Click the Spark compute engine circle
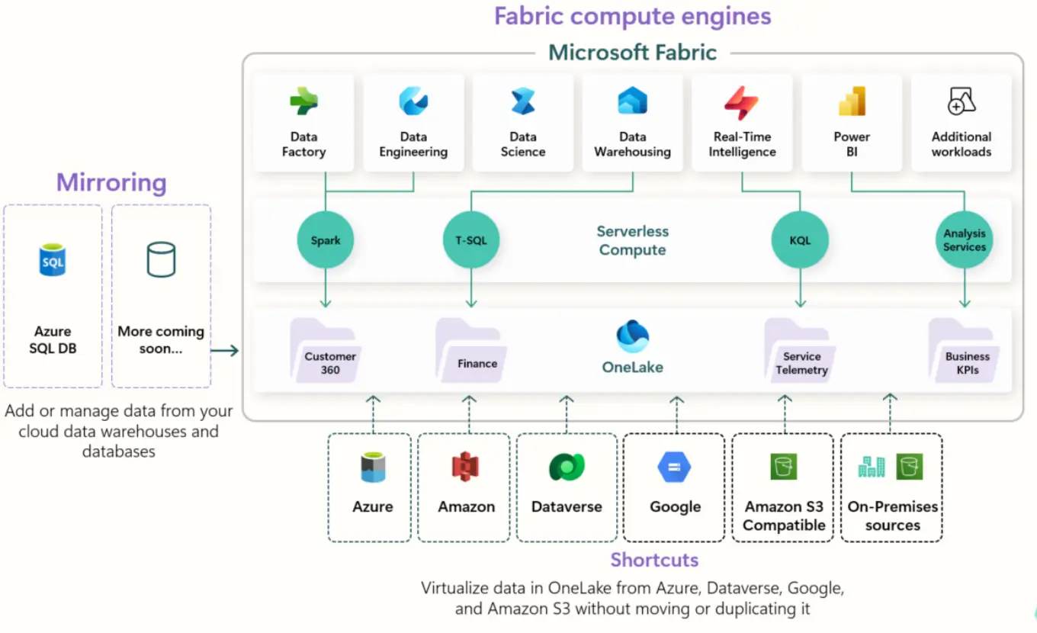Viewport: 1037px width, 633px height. coord(326,240)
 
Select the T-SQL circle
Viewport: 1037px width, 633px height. coord(470,240)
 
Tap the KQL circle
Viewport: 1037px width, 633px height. coord(800,240)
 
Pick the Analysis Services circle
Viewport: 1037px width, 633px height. coord(965,240)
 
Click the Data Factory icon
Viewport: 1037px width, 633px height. coord(303,101)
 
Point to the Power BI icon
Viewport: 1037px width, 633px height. coord(852,101)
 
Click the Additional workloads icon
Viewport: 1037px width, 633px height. coord(962,101)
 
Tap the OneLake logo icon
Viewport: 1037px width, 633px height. coord(632,336)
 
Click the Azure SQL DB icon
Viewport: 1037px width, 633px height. coord(53,260)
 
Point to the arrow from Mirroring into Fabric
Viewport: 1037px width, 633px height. coord(225,350)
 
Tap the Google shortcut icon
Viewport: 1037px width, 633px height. coord(675,467)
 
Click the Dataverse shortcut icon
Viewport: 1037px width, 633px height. coord(567,467)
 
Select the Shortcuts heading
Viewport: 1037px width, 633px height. coord(654,560)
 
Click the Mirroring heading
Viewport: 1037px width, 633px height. coord(111,183)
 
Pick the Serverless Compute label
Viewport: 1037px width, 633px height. coord(632,240)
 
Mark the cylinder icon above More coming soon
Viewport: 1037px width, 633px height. coord(161,260)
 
